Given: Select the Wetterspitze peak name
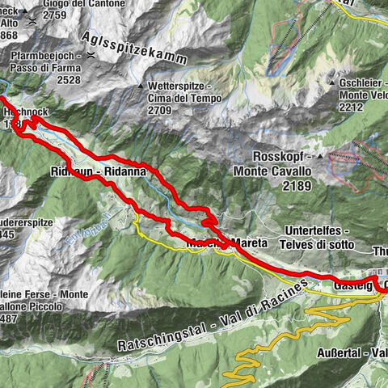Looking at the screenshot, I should tap(179, 85).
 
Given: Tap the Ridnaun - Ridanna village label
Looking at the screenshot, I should tap(88, 172).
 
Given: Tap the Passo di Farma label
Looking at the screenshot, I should tap(48, 68).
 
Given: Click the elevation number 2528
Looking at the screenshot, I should tap(45, 80).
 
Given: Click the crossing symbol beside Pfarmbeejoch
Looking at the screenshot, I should tap(91, 56).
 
